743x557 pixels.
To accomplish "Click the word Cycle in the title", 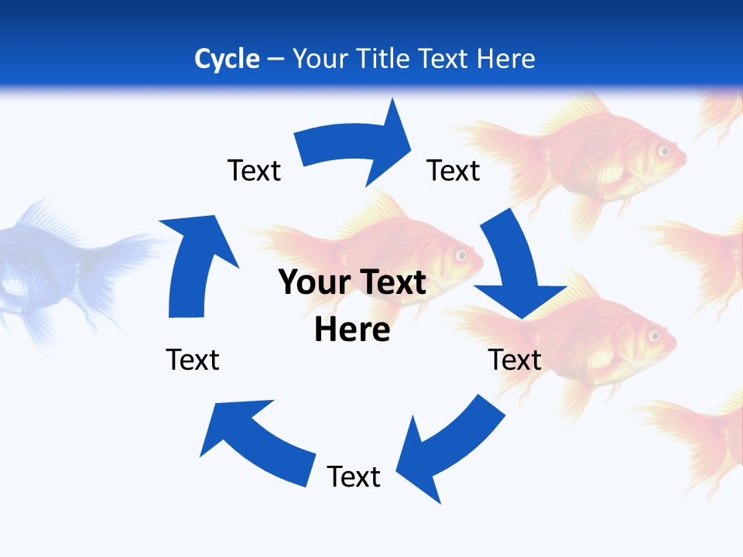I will (227, 59).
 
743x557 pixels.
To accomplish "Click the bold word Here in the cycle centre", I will (352, 329).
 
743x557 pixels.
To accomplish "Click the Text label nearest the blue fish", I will (193, 360).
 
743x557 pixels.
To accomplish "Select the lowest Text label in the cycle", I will (354, 477).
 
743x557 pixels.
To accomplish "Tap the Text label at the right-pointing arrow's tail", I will (254, 170).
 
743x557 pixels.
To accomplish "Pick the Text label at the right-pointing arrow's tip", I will (454, 170).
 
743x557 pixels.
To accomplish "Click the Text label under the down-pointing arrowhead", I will (515, 360).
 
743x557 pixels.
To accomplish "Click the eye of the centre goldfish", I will (462, 255).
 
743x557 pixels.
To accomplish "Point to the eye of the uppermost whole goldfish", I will (664, 151).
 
